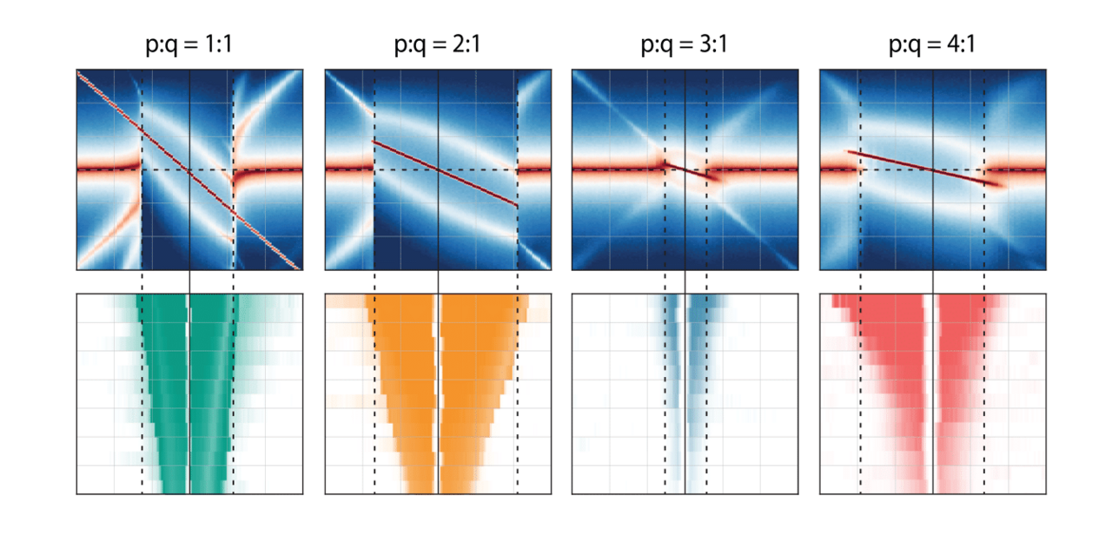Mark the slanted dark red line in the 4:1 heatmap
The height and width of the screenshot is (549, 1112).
[x=921, y=167]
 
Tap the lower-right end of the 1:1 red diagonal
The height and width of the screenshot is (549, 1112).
[x=298, y=267]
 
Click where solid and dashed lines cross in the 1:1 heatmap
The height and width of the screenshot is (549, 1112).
[x=189, y=169]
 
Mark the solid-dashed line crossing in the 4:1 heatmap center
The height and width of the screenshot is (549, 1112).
[x=933, y=169]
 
